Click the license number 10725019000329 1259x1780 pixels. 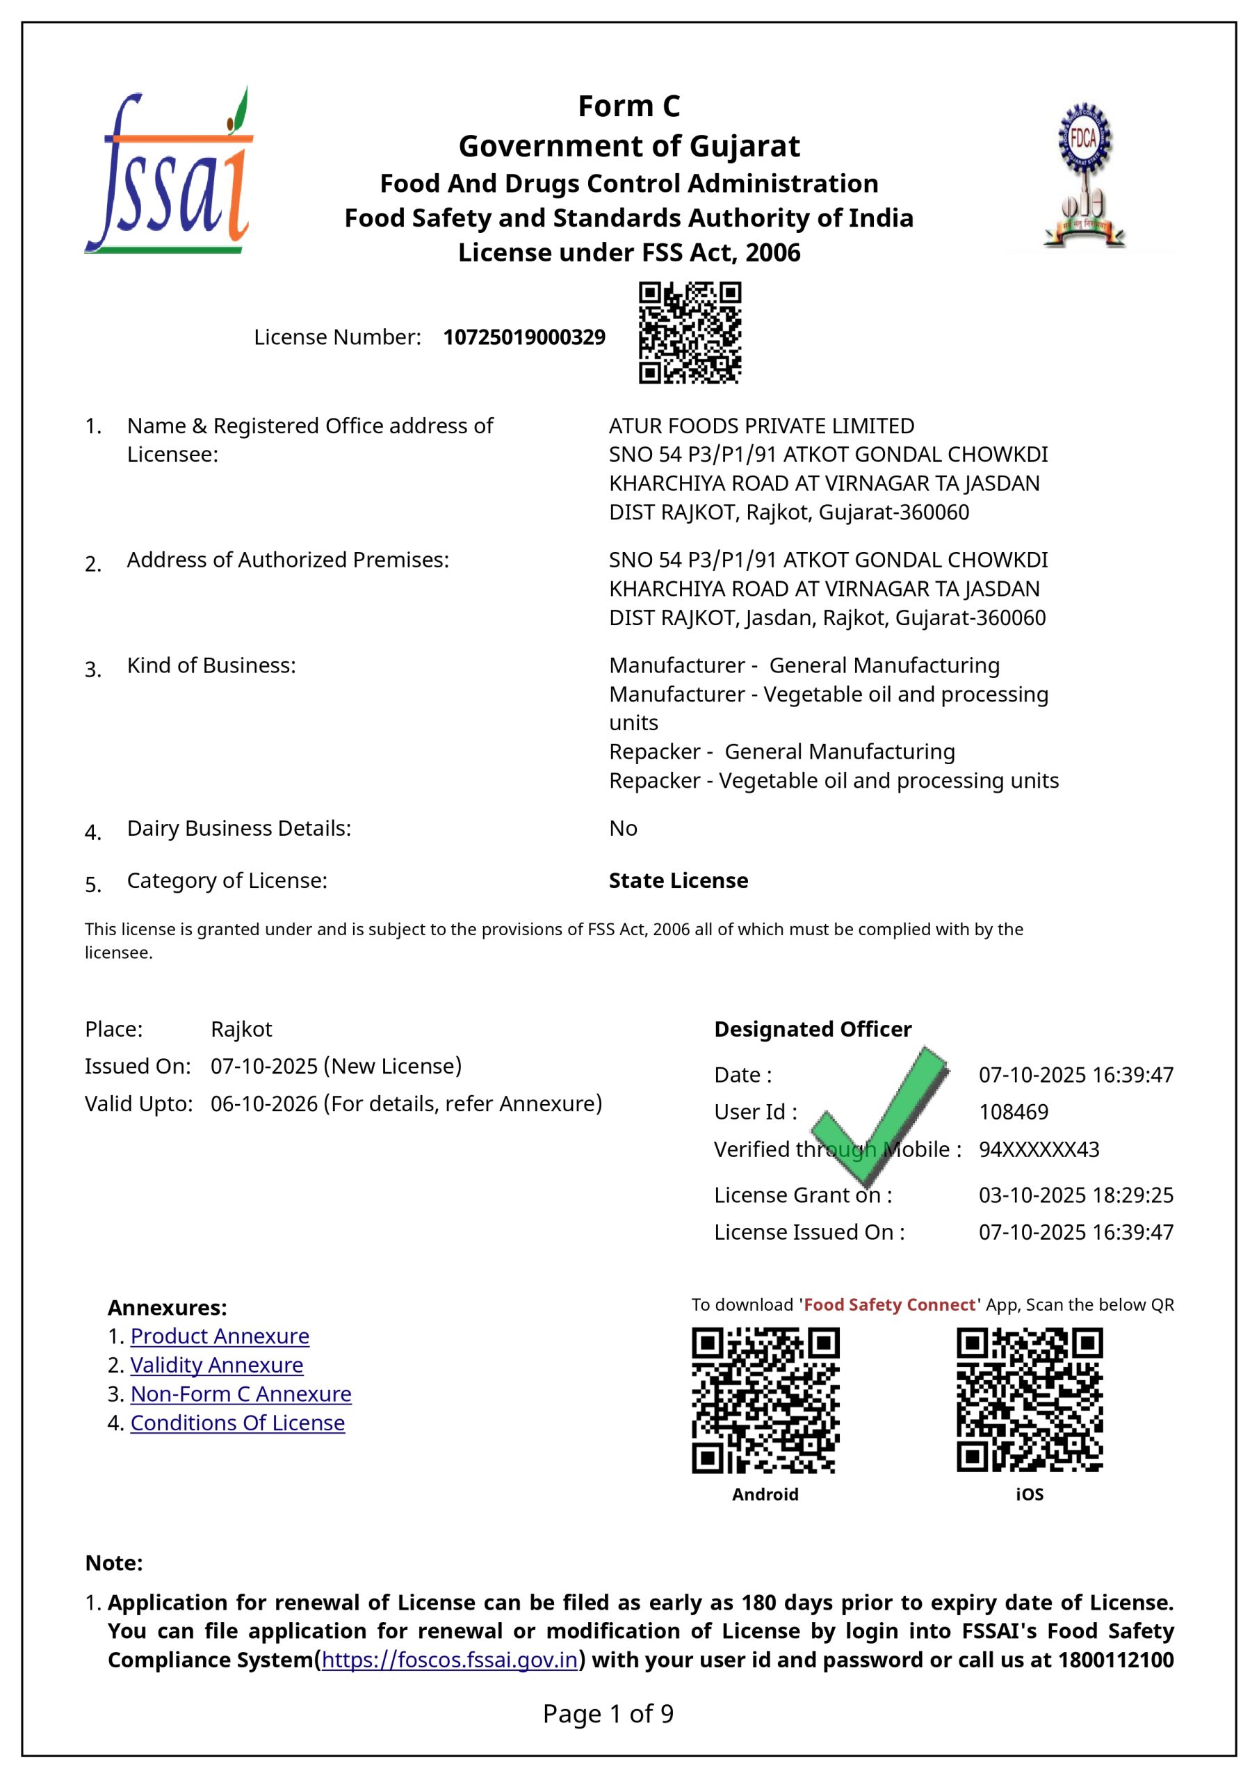pos(524,337)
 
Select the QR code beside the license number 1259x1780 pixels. pos(689,332)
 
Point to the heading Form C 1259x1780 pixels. pos(628,106)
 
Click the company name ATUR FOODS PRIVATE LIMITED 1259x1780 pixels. pos(761,426)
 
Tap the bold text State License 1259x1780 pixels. pos(679,881)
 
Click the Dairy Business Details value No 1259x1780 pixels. pos(624,828)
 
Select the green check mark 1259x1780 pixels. pos(884,1108)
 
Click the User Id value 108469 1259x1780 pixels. pos(1013,1112)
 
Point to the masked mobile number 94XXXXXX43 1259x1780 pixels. pos(1039,1149)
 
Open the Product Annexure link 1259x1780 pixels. pos(220,1336)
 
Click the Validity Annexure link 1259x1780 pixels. pos(216,1364)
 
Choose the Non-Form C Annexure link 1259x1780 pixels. pos(241,1393)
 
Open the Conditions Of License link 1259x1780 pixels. pos(237,1423)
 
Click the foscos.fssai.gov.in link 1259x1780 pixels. pos(450,1660)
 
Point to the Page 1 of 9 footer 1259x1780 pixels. pos(608,1713)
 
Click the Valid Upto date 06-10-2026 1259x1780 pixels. pos(263,1103)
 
